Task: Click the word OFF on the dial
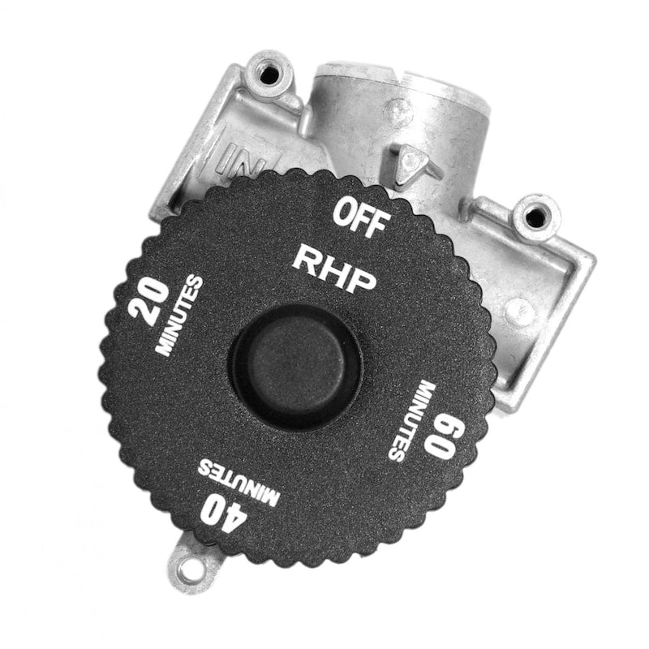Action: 362,217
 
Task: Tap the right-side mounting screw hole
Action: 535,215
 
